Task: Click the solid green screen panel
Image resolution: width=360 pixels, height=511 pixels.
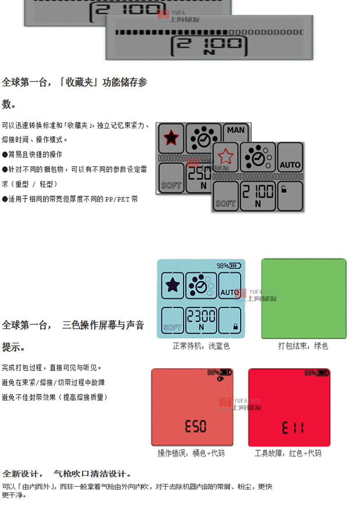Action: (x=304, y=298)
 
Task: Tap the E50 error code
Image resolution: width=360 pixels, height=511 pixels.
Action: (x=195, y=426)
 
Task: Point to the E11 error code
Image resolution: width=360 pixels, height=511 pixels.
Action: (x=292, y=427)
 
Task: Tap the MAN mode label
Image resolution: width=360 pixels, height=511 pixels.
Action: (x=236, y=130)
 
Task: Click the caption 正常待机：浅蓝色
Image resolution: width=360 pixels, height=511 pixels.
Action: (x=201, y=346)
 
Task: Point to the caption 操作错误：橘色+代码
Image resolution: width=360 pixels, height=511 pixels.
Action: (x=191, y=453)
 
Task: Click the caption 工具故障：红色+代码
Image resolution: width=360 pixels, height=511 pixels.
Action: (x=288, y=453)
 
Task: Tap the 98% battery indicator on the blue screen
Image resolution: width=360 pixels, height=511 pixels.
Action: (x=229, y=266)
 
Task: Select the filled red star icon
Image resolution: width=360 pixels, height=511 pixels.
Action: (x=171, y=137)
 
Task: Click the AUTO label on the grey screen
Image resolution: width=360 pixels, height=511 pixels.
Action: (x=290, y=165)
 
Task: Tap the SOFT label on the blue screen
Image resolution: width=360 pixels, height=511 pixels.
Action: (x=172, y=327)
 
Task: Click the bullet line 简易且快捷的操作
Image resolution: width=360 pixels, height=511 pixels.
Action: (x=32, y=154)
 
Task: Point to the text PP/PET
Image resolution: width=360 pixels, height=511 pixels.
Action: (x=117, y=199)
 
